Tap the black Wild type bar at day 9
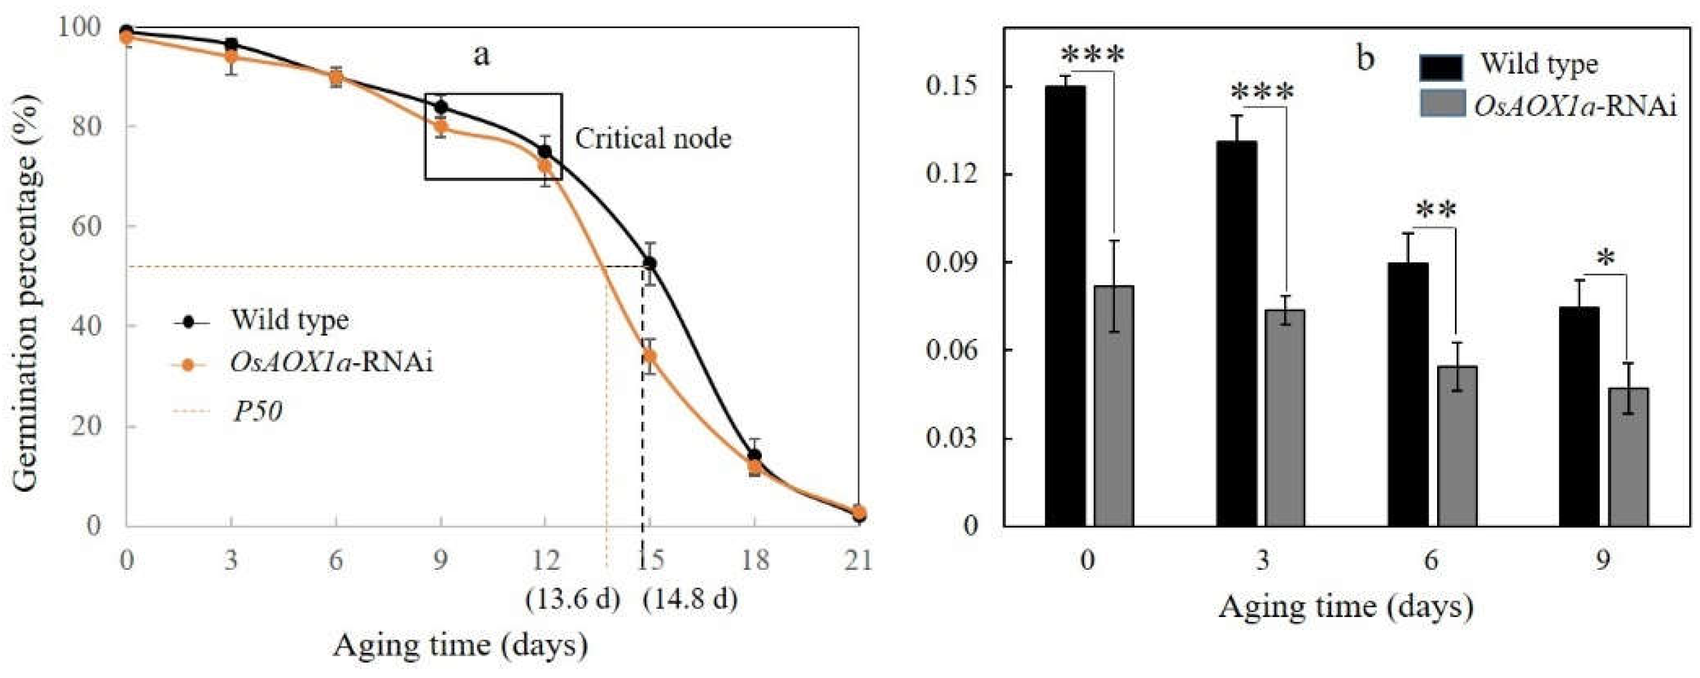1579,416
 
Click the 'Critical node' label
653,139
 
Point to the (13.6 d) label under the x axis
572,599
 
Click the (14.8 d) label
690,599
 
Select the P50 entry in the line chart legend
258,412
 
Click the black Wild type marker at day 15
650,263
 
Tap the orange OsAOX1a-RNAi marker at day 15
650,357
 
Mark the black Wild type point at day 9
441,107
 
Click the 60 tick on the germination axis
87,226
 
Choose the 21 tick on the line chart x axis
858,560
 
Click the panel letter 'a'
482,56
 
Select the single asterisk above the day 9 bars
1606,259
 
